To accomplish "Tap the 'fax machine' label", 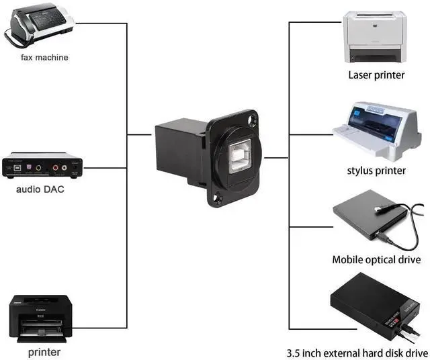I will tap(44, 58).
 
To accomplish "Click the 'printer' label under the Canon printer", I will tap(44, 352).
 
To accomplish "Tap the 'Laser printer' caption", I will tap(376, 75).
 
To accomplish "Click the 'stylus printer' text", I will tap(376, 171).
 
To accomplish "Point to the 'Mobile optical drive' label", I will tap(376, 260).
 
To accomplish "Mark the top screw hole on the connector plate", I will tap(252, 122).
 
